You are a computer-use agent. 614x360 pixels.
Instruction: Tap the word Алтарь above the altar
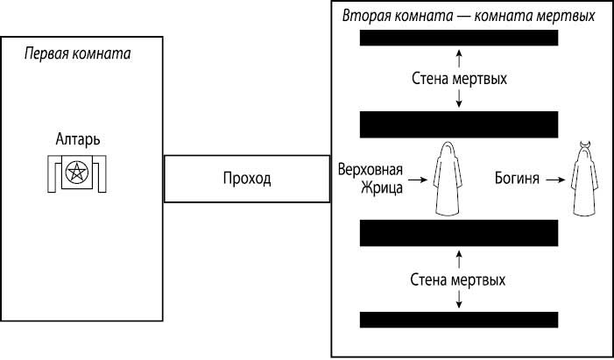tap(78, 140)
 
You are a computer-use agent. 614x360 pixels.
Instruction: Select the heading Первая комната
tap(77, 54)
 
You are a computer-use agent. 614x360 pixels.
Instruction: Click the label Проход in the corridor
tap(246, 179)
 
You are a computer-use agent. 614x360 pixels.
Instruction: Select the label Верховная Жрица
tap(370, 180)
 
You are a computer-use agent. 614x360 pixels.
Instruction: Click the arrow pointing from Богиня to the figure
tap(553, 180)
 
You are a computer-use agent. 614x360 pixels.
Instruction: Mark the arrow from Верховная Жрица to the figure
tap(418, 180)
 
